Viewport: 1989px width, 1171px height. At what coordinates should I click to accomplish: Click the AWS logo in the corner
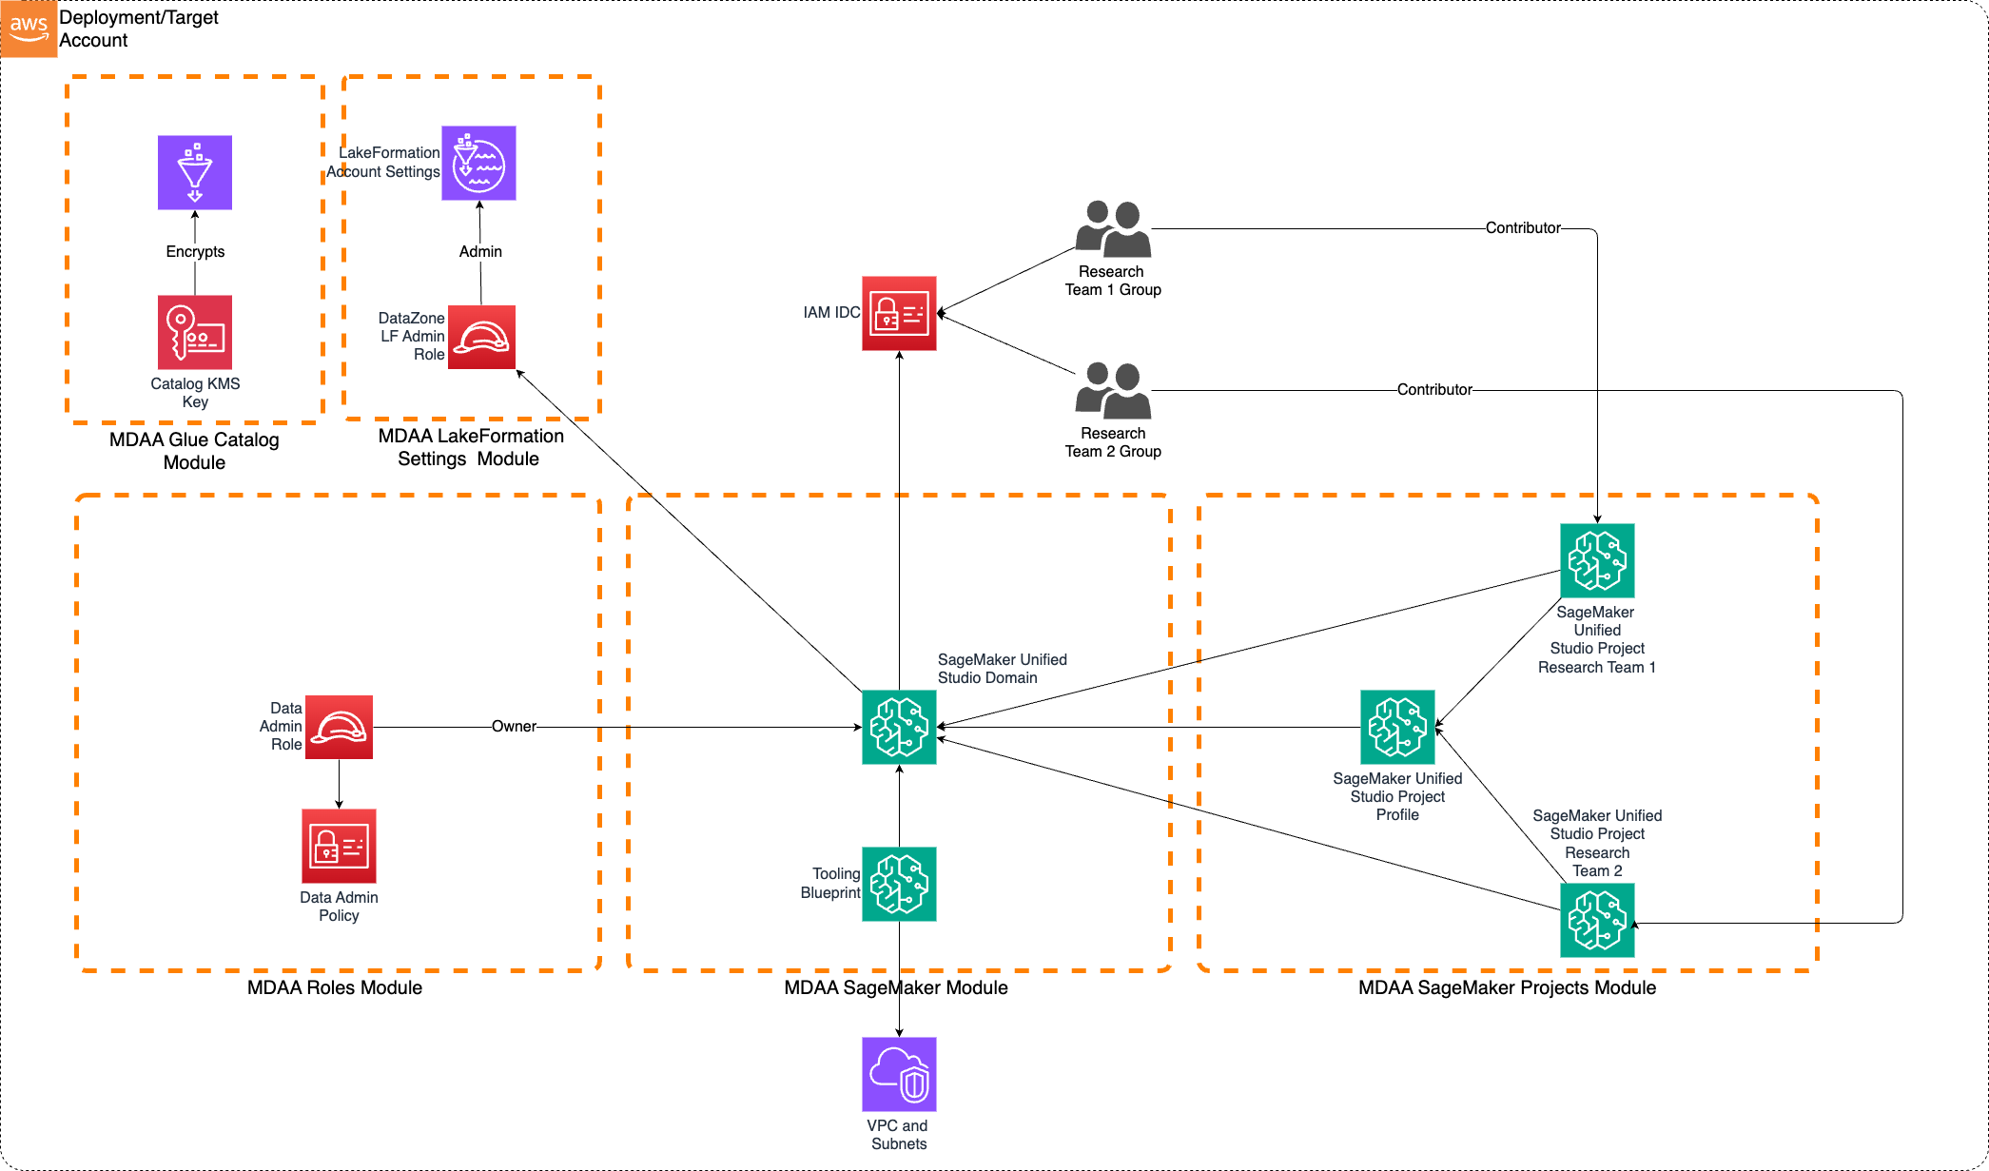coord(29,29)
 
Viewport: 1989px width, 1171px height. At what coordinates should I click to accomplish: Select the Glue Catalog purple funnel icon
coord(195,172)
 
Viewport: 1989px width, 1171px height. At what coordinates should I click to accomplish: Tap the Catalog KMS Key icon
coord(195,332)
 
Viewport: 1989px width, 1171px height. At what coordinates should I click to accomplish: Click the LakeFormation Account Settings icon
coord(478,163)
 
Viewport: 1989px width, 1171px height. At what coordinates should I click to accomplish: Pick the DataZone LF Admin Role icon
coord(481,337)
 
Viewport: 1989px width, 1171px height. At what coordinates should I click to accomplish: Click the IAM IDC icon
coord(899,313)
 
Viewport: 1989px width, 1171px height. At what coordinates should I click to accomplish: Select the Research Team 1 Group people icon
coord(1113,229)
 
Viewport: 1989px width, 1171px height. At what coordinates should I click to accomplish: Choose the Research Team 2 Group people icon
coord(1113,391)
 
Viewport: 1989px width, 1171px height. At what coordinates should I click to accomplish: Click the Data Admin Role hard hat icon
coord(339,727)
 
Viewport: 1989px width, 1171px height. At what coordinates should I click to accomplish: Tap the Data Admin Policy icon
coord(339,846)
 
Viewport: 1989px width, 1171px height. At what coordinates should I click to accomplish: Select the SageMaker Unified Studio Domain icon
coord(899,727)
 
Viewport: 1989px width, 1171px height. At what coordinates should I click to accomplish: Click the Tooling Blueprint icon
coord(899,884)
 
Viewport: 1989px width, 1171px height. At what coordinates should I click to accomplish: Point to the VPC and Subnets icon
coord(899,1074)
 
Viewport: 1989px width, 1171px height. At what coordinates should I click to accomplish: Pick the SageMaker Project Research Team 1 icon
coord(1597,560)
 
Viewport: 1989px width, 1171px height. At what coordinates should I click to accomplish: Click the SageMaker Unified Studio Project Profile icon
coord(1397,727)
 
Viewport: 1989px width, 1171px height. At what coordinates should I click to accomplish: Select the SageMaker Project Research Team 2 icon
coord(1597,920)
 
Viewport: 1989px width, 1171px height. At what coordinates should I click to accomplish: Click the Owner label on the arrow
coord(514,727)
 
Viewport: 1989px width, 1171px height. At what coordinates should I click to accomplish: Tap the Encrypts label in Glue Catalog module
coord(195,251)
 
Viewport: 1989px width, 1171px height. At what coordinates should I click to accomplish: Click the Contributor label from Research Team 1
coord(1523,227)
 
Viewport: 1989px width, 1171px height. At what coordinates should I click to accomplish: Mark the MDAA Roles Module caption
coord(335,987)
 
